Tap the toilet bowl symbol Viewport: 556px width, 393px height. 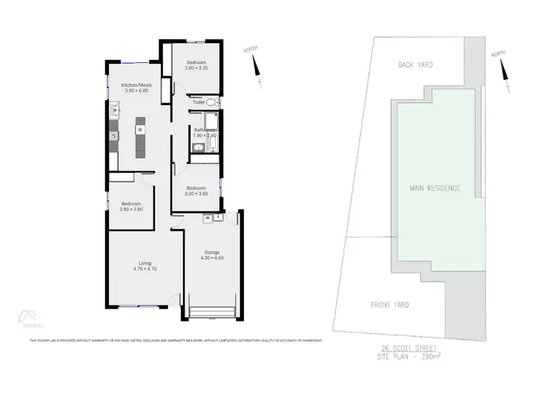211,102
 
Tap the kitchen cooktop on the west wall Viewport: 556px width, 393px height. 113,136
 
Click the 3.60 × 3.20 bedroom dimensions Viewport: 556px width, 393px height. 196,67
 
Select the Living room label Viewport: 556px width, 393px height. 145,262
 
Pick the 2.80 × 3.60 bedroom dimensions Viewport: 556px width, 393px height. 131,210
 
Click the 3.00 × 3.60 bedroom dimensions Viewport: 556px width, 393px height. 196,194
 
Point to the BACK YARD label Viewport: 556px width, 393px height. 415,65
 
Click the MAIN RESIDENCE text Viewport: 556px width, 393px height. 435,188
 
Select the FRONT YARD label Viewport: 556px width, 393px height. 390,305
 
